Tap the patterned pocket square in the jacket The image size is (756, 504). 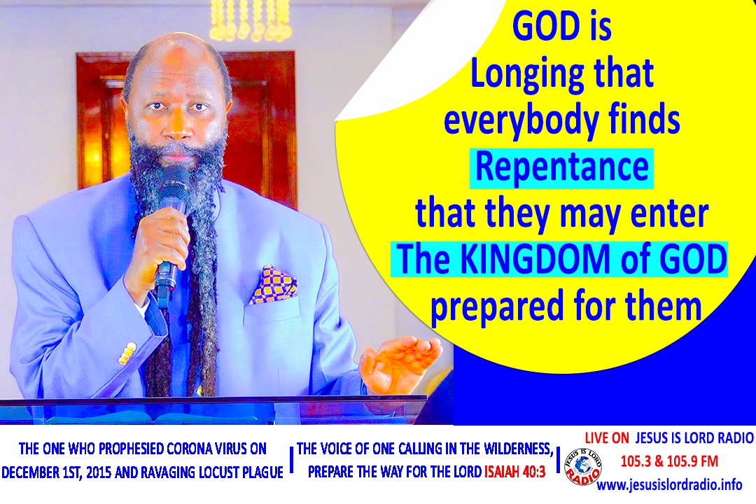click(274, 284)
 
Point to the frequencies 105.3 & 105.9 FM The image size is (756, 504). click(668, 462)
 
